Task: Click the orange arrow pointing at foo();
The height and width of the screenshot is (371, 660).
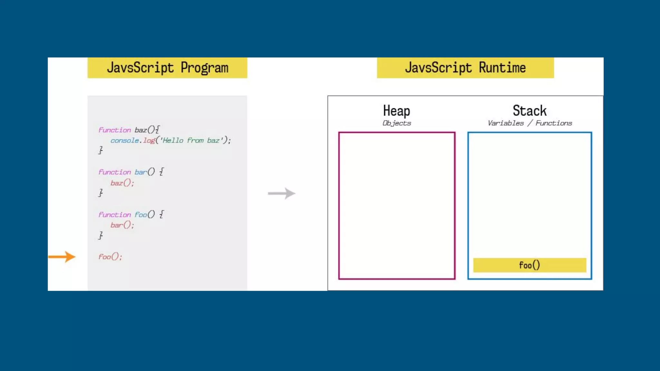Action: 62,257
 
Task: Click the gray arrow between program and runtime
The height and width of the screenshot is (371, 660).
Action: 282,193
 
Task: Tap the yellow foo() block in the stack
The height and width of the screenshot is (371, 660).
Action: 529,265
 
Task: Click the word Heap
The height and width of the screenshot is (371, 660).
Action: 396,111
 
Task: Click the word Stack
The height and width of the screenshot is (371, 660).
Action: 529,111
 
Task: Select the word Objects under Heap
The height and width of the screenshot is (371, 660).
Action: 397,123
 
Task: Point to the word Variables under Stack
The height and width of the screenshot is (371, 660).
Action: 506,123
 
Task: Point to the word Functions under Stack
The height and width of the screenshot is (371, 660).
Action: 554,123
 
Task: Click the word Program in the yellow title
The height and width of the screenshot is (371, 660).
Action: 204,68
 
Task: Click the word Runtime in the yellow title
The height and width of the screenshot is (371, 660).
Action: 502,68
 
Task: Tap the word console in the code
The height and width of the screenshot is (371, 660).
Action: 124,140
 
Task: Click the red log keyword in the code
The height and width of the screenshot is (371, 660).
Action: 149,140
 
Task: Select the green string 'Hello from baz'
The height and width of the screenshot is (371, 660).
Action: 190,140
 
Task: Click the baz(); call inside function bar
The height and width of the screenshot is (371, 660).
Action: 122,183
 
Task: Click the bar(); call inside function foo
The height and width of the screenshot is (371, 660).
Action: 122,225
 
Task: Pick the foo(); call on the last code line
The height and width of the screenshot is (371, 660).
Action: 110,257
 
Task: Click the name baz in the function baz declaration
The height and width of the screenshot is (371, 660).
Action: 141,130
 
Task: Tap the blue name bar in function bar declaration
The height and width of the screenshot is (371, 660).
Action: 141,172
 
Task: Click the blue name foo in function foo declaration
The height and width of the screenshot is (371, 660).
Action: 141,214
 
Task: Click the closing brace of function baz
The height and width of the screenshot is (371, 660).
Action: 101,150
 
